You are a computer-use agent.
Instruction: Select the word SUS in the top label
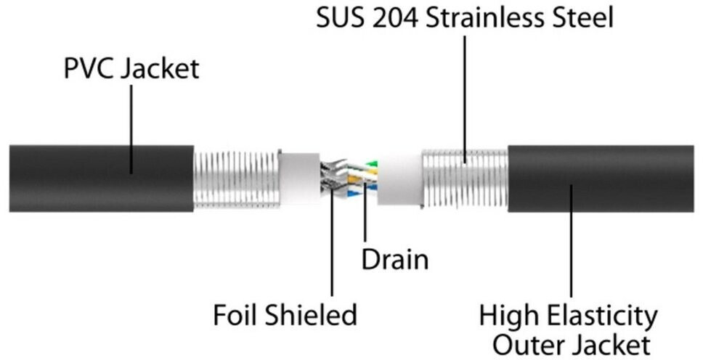pos(340,17)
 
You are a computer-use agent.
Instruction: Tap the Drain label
pos(395,259)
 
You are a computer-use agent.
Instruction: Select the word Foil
pos(234,315)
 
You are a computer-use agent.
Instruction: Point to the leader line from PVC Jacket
pos(131,131)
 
